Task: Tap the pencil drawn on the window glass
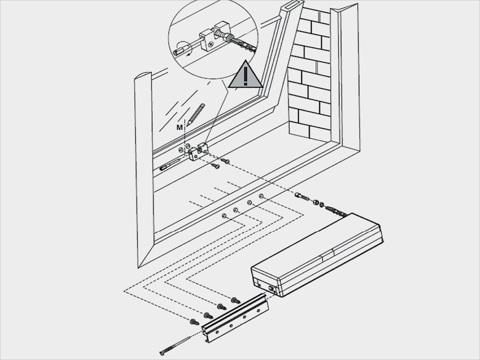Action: [x=196, y=113]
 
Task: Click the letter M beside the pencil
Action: [x=179, y=127]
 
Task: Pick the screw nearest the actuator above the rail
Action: [x=235, y=300]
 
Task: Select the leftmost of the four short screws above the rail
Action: [x=194, y=322]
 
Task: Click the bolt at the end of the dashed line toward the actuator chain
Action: [x=303, y=196]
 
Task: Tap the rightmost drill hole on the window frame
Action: [x=261, y=195]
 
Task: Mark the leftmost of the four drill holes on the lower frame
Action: [x=225, y=216]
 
